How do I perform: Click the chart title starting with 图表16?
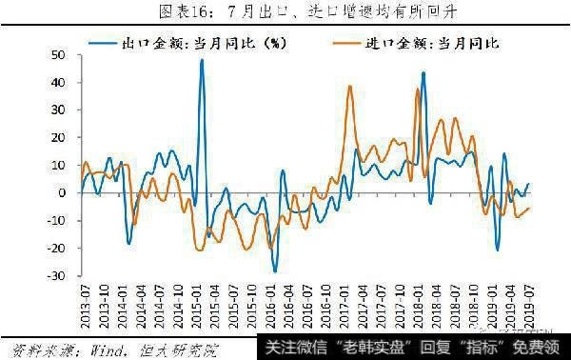tap(285, 12)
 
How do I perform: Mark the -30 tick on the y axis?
tap(56, 276)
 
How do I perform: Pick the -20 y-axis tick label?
tap(56, 249)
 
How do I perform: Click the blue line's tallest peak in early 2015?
tap(202, 60)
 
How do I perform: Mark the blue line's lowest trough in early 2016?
tap(275, 271)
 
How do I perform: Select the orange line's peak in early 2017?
tap(350, 87)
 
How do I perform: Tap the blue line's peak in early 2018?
tap(423, 72)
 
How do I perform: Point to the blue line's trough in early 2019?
tap(497, 250)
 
